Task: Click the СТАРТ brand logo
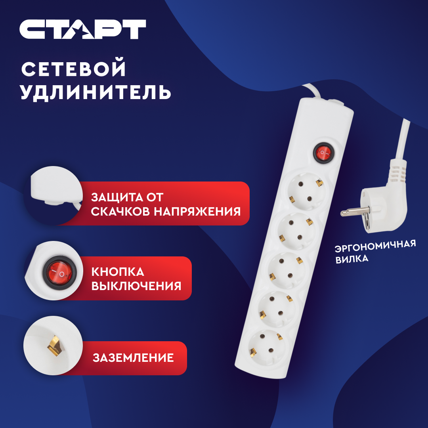click(x=83, y=29)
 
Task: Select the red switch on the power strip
click(x=323, y=152)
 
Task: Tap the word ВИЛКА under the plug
click(x=352, y=259)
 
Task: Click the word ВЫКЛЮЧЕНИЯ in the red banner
click(x=136, y=286)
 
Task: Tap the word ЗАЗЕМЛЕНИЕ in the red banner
click(x=133, y=358)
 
